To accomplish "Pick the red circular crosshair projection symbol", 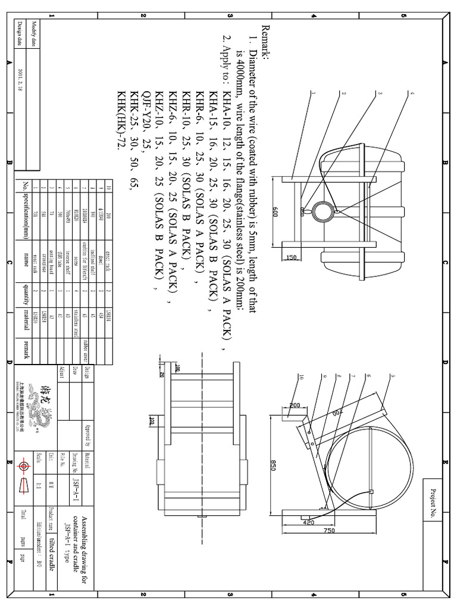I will pos(24,465).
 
